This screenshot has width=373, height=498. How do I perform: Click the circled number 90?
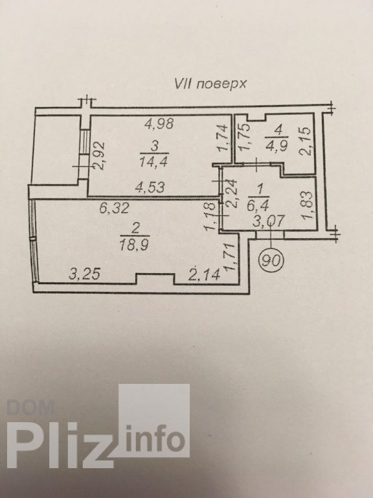pos(271,260)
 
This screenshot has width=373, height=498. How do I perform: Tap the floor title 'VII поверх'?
pos(210,84)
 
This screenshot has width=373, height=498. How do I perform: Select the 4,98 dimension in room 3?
pos(159,123)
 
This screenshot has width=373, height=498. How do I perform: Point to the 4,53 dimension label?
pos(150,187)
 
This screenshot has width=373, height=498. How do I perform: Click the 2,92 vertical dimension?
pos(99,156)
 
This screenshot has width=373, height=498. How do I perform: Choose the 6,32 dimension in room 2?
pos(114,208)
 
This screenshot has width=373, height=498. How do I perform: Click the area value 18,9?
pos(134,245)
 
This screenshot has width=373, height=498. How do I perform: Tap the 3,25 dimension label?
pos(84,274)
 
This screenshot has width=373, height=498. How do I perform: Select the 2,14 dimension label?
pos(204,274)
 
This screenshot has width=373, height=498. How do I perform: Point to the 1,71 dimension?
pos(231,257)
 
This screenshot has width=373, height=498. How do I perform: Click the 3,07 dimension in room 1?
pos(268,220)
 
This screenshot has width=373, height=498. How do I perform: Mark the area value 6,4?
pos(258,206)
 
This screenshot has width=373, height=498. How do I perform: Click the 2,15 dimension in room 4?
pos(305,141)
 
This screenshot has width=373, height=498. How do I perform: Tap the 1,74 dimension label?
pos(223,137)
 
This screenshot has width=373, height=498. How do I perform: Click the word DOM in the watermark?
pos(30,407)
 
